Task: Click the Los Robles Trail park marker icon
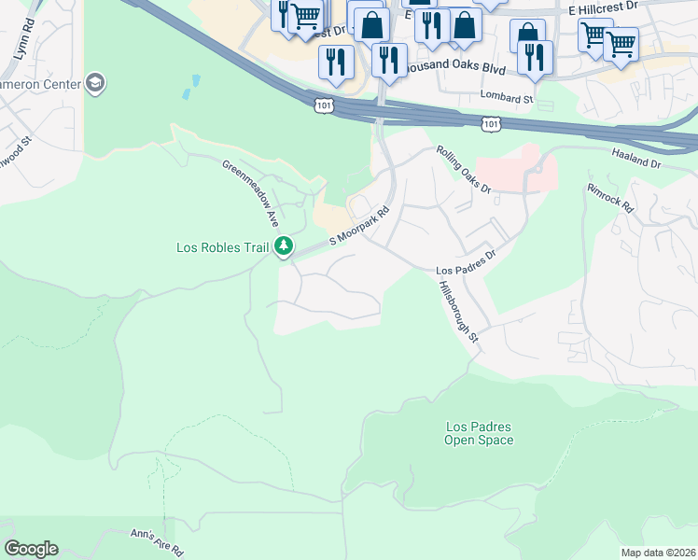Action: [285, 247]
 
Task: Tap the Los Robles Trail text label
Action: [222, 247]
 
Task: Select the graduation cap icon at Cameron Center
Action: [94, 85]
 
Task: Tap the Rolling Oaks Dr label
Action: [464, 169]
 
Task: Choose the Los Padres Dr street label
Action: [465, 262]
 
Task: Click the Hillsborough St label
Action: [458, 313]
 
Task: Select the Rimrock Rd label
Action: [610, 197]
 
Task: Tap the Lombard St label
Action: [506, 97]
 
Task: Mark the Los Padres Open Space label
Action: [479, 433]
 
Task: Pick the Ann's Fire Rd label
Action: [156, 539]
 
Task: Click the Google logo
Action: [31, 549]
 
